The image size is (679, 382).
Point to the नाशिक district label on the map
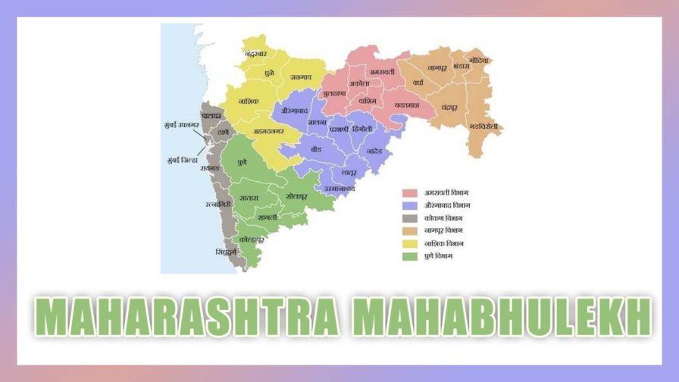click(x=249, y=101)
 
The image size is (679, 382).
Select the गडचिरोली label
click(x=483, y=126)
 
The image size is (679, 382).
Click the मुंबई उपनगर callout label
click(x=180, y=124)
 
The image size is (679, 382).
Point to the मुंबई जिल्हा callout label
click(x=183, y=161)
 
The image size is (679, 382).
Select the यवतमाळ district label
click(x=406, y=105)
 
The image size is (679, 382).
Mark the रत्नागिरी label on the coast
click(x=220, y=204)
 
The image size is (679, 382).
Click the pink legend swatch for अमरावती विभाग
click(x=410, y=193)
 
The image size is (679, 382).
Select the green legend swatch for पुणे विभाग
click(x=410, y=257)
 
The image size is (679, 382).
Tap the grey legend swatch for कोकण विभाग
click(x=410, y=218)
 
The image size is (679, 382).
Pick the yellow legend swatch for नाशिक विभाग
click(x=410, y=244)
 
